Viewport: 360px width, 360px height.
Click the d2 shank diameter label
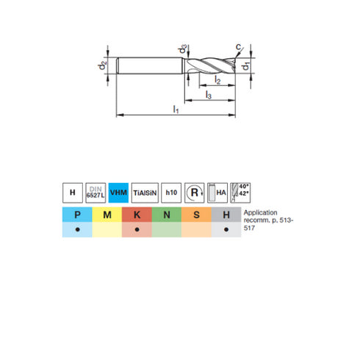pyautogui.click(x=103, y=66)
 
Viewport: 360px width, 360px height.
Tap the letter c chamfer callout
pyautogui.click(x=237, y=47)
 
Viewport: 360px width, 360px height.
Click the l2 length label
pyautogui.click(x=218, y=79)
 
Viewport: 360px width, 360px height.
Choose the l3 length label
pyautogui.click(x=209, y=95)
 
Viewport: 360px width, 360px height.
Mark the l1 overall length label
pyautogui.click(x=176, y=109)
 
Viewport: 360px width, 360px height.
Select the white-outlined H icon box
pyautogui.click(x=72, y=192)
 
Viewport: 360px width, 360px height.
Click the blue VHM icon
pyautogui.click(x=118, y=192)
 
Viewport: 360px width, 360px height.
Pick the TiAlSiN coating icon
pyautogui.click(x=145, y=192)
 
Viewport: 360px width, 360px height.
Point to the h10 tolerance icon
pyautogui.click(x=171, y=192)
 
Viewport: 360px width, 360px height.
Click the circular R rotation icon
pyautogui.click(x=195, y=192)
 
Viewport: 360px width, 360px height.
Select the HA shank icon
pyautogui.click(x=218, y=192)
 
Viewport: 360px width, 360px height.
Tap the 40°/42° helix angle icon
pyautogui.click(x=240, y=192)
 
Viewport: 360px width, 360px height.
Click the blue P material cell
pyautogui.click(x=77, y=215)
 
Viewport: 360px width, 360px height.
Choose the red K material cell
pyautogui.click(x=137, y=215)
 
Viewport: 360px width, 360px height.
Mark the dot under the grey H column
pyautogui.click(x=226, y=230)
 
